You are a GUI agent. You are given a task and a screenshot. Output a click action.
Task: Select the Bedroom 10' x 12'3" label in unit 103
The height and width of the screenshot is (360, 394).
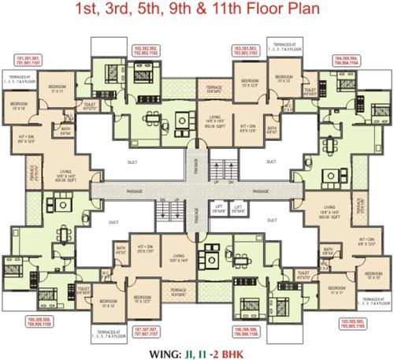(251, 82)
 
